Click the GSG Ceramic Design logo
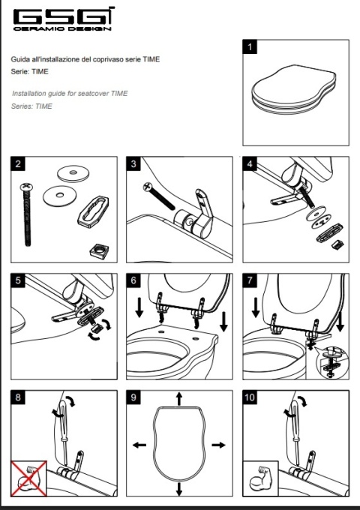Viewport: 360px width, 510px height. pos(64,19)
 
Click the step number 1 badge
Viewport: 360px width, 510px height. pos(250,46)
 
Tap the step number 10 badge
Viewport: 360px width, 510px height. pos(250,397)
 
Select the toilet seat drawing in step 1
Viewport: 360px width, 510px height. pos(294,89)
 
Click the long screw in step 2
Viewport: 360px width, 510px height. pos(27,214)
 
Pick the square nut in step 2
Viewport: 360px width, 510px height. pos(99,250)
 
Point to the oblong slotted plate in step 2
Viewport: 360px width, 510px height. pos(93,211)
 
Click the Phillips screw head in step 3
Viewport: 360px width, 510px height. pos(147,186)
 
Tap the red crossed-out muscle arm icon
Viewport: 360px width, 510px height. pos(29,478)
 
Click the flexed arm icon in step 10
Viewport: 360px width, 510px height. pos(261,478)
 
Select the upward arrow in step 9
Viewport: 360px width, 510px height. pos(178,398)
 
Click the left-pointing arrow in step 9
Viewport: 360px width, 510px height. pos(139,445)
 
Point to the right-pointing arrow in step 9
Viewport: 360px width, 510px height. pos(218,445)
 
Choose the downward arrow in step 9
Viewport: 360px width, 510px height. pos(178,489)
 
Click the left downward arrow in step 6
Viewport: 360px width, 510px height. pos(139,307)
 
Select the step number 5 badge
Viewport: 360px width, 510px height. pos(18,280)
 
